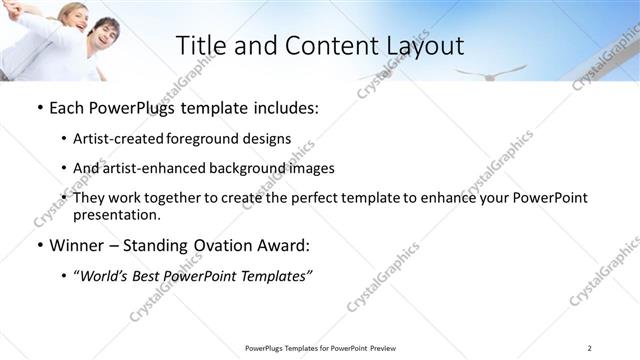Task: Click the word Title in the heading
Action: tap(201, 45)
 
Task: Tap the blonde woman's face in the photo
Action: tap(64, 15)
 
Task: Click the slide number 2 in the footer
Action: tap(589, 347)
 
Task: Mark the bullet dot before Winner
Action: tap(39, 245)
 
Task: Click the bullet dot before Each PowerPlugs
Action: tap(39, 107)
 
